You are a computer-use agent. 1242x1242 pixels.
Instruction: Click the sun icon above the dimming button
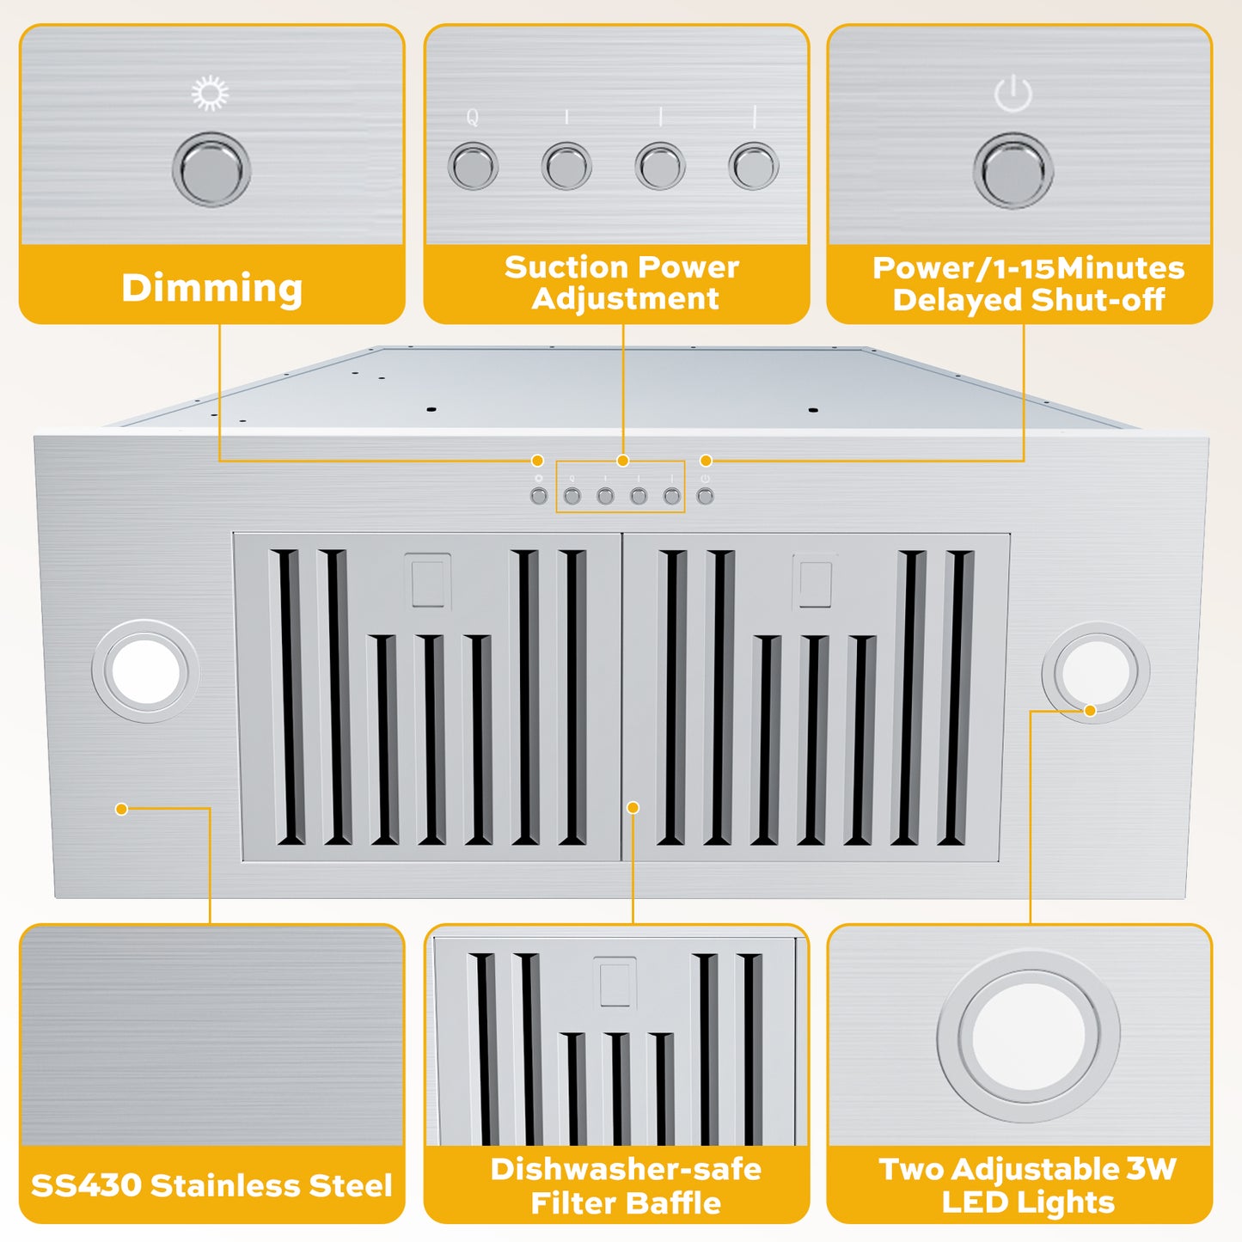[x=210, y=93]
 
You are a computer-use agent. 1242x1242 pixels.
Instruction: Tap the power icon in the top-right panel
[x=1013, y=93]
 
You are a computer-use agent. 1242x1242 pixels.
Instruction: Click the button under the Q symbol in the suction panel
[x=473, y=166]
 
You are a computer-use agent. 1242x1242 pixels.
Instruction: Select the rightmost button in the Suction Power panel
[x=753, y=166]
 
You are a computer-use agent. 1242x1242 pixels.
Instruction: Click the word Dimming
[x=211, y=288]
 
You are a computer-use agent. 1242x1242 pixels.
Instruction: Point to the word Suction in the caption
[x=560, y=267]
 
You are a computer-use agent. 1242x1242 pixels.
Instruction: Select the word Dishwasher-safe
[x=625, y=1169]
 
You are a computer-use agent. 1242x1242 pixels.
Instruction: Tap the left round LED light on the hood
[x=145, y=671]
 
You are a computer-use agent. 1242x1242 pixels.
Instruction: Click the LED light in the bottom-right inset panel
[x=1028, y=1036]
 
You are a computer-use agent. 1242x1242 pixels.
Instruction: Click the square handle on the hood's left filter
[x=427, y=581]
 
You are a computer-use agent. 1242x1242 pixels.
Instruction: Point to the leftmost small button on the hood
[x=539, y=496]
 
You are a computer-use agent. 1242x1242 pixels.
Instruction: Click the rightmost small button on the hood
[x=705, y=496]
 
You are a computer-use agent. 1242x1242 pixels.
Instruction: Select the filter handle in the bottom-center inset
[x=615, y=982]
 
